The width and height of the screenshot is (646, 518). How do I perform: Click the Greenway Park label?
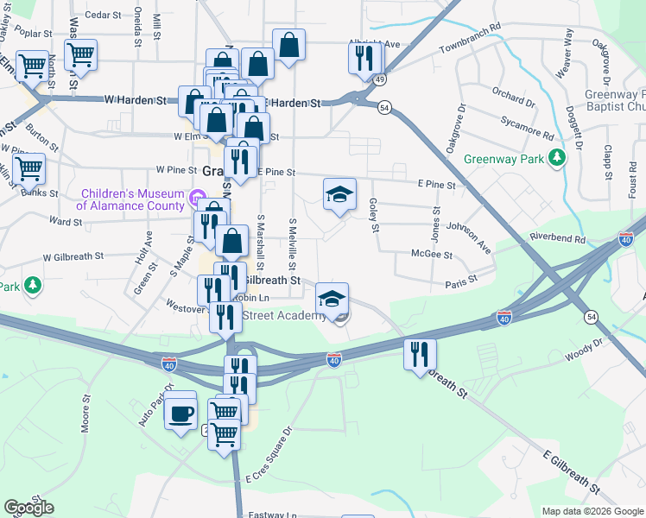coord(505,159)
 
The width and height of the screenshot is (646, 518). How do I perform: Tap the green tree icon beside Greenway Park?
coord(559,156)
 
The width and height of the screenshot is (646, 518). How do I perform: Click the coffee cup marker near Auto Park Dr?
coord(180,413)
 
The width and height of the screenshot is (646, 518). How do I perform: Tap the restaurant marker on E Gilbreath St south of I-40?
coord(420,354)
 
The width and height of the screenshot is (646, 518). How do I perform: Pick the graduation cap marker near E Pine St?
coord(339,194)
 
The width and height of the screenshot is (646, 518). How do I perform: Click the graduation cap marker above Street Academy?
coord(332,299)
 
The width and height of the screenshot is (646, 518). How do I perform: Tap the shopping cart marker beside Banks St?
coord(28,169)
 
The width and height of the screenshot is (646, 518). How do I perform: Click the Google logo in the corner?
coord(28,508)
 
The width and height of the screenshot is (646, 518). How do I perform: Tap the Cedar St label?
coord(101,15)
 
